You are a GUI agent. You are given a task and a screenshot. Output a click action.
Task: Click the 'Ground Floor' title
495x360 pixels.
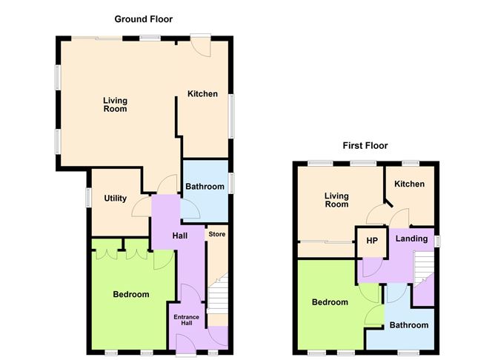[143, 19]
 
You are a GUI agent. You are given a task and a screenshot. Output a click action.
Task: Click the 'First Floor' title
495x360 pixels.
[365, 145]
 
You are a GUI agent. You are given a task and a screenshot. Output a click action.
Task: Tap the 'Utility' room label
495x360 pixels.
[116, 199]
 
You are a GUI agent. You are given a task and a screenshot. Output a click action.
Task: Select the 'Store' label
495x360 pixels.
[216, 235]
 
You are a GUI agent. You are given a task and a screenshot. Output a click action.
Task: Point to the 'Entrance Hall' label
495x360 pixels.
[187, 320]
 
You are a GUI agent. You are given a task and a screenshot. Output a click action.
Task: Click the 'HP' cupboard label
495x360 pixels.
[372, 241]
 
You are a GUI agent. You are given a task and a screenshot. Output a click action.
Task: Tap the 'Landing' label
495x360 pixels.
[411, 239]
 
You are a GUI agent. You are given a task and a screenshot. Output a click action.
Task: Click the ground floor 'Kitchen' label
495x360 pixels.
[202, 93]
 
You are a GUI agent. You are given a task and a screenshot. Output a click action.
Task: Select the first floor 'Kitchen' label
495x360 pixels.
[409, 184]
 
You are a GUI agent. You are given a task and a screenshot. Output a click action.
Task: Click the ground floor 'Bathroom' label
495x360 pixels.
[204, 187]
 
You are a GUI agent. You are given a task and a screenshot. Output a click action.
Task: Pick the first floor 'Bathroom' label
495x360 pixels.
[410, 325]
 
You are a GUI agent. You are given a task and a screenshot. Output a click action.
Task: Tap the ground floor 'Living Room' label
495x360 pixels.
[114, 104]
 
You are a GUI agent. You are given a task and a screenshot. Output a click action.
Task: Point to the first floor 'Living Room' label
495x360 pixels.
[337, 200]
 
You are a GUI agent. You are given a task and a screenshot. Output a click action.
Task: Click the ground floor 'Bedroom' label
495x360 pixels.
[131, 294]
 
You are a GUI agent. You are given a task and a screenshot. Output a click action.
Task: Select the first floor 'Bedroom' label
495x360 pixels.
[330, 302]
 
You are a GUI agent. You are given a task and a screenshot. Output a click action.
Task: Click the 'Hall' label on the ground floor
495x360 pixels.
[179, 236]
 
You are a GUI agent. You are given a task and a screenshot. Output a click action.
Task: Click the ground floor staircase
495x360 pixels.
[216, 296]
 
